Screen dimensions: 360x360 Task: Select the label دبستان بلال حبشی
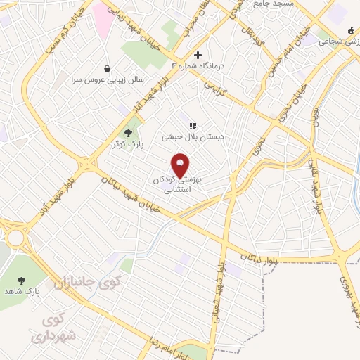(x=193, y=138)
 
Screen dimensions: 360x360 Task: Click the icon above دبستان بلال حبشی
(x=192, y=126)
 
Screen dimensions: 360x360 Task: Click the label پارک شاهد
(x=22, y=290)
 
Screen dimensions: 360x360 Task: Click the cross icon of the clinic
(x=198, y=55)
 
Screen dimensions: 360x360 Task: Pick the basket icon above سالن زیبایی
(x=106, y=68)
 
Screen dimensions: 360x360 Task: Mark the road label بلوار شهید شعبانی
(x=219, y=288)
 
